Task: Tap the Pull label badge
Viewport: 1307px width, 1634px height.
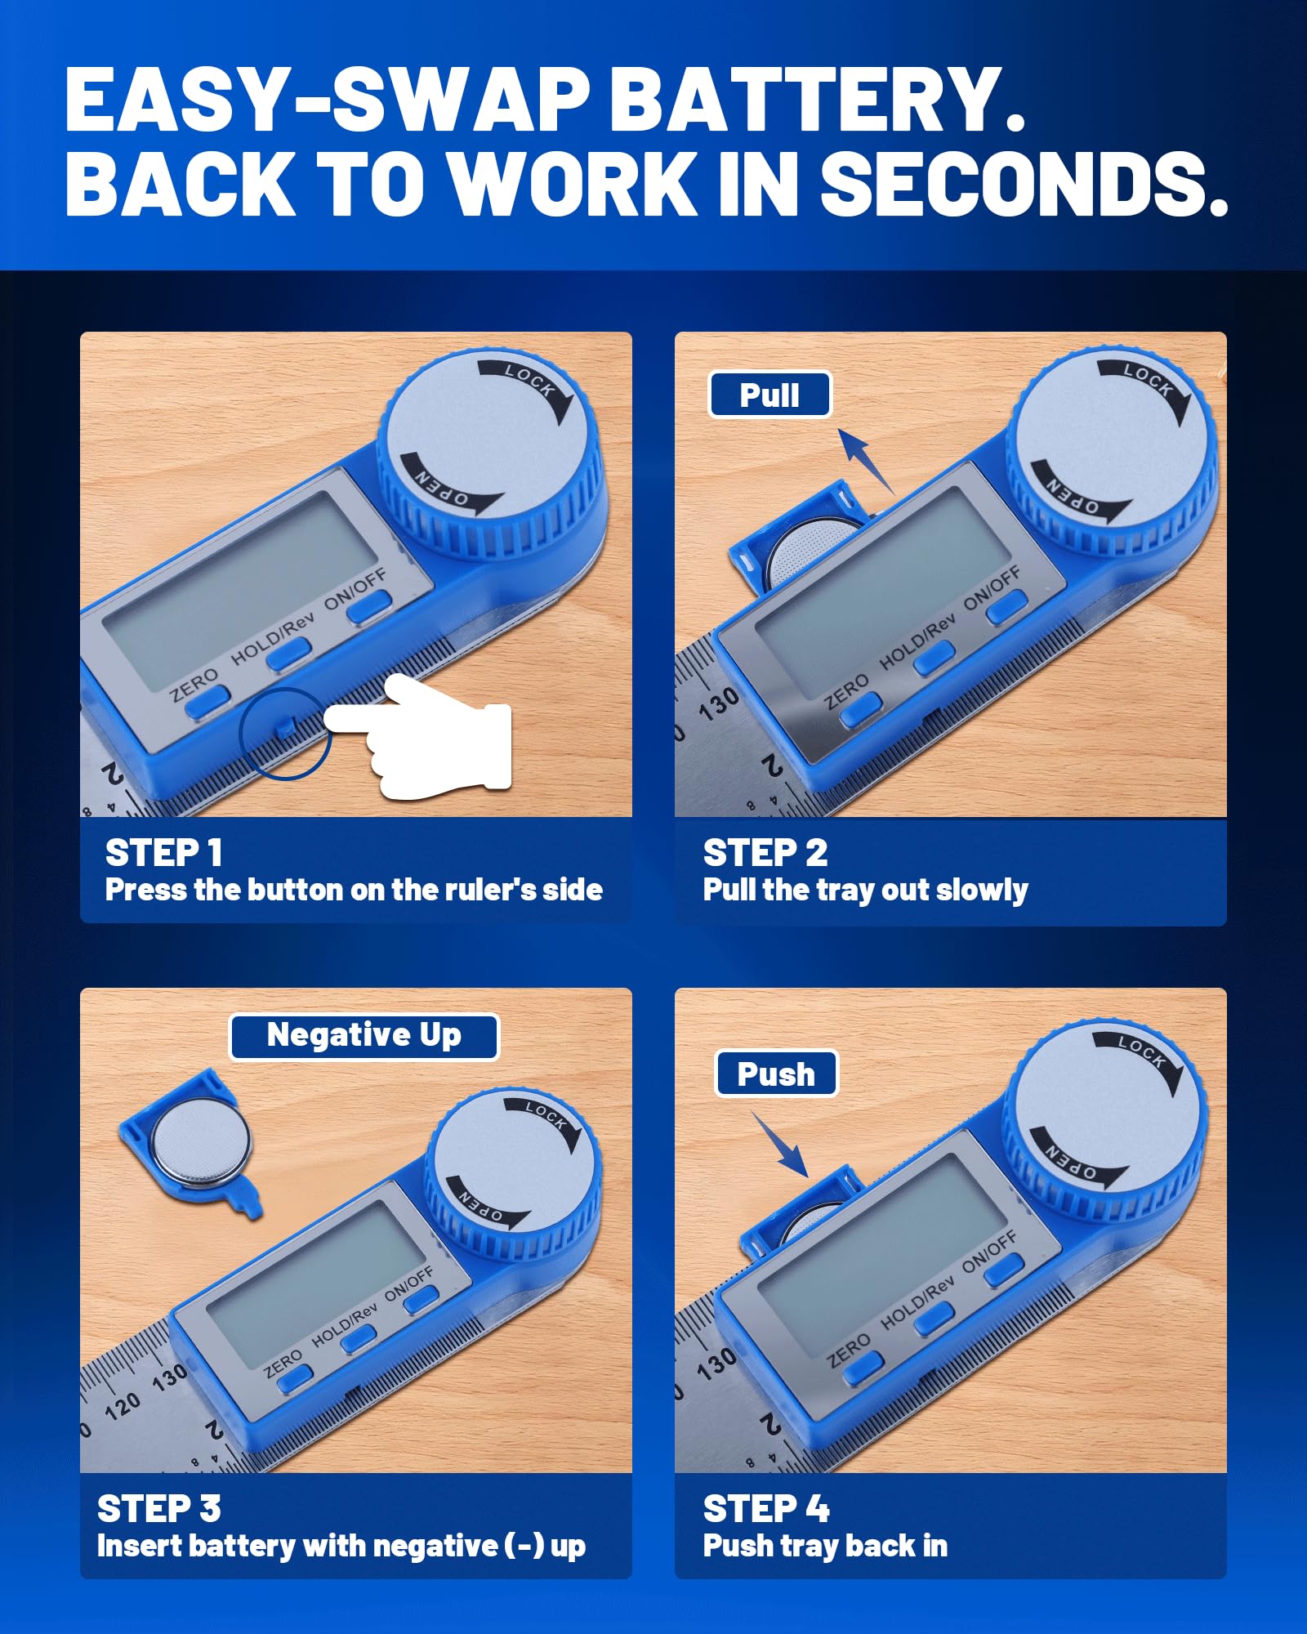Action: click(x=769, y=395)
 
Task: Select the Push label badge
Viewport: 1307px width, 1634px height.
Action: click(x=776, y=1074)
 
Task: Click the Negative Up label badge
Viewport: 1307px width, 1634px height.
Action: click(x=364, y=1036)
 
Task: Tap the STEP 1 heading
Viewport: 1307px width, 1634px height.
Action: click(x=163, y=853)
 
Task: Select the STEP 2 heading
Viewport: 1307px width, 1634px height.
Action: click(x=765, y=853)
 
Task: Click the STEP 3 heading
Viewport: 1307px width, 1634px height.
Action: click(x=158, y=1509)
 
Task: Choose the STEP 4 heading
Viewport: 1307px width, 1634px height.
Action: click(x=766, y=1509)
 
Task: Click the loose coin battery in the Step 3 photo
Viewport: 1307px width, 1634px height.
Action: click(x=200, y=1141)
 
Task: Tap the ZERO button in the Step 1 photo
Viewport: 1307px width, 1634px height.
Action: click(x=207, y=703)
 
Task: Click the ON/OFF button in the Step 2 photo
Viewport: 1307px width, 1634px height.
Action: click(x=1006, y=608)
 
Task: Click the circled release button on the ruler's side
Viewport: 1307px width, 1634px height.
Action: click(x=284, y=727)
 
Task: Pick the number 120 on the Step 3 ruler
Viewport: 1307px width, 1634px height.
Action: click(x=123, y=1405)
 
